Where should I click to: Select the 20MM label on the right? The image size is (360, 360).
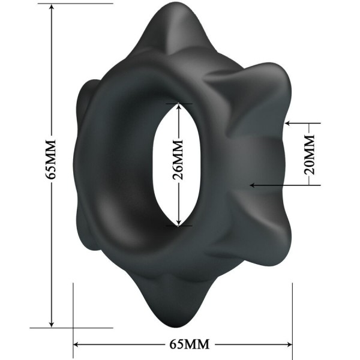click(309, 154)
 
